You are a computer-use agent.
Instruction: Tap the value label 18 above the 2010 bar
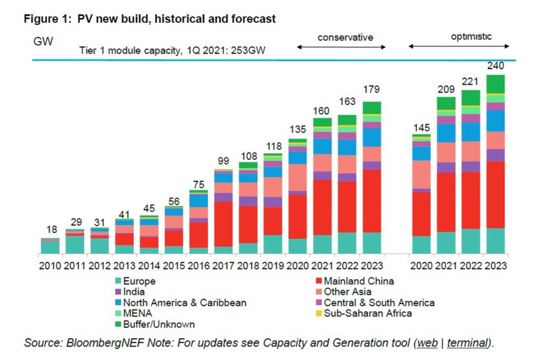[52, 230]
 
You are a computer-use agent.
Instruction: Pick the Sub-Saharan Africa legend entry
[368, 314]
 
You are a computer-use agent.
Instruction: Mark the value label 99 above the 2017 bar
[224, 160]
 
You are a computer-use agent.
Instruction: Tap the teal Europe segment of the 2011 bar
[76, 245]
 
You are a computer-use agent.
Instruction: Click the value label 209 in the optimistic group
[446, 88]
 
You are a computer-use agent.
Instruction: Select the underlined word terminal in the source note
[467, 343]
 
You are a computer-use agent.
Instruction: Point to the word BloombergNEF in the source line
[99, 343]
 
